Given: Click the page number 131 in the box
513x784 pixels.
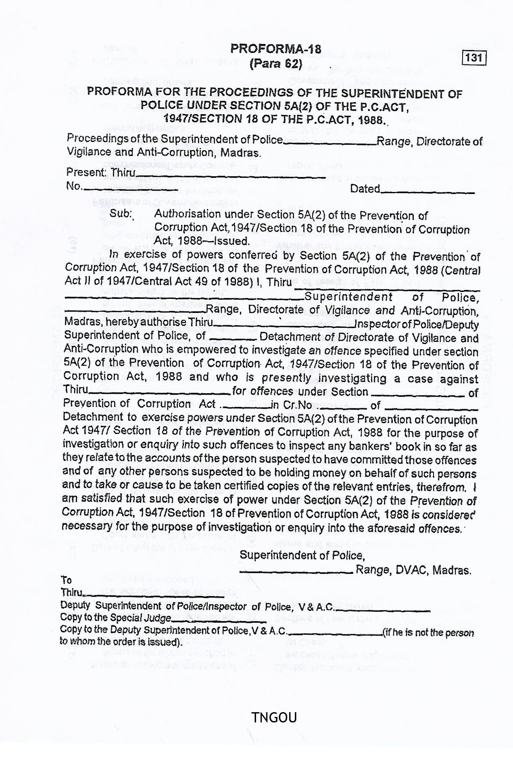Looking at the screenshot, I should pyautogui.click(x=474, y=58).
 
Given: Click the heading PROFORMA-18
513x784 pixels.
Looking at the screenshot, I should pyautogui.click(x=276, y=49).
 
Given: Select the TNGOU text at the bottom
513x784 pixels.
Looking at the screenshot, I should pyautogui.click(x=274, y=717).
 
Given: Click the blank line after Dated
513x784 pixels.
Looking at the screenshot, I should pyautogui.click(x=427, y=193).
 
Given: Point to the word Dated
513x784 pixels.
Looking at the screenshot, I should pyautogui.click(x=365, y=189).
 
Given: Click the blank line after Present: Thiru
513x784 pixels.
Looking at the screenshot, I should pyautogui.click(x=231, y=176).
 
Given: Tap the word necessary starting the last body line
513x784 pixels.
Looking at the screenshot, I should pyautogui.click(x=85, y=526).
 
